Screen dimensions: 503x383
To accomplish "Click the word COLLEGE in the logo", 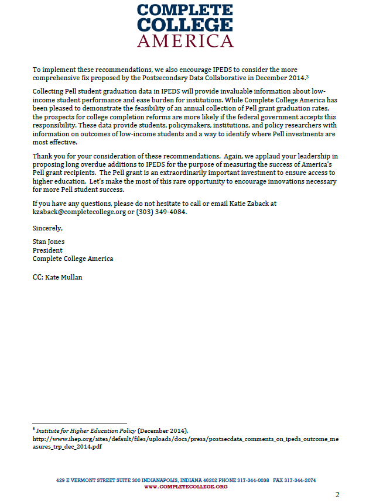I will click(x=185, y=25).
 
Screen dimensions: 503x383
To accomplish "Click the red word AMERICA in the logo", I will click(x=185, y=41).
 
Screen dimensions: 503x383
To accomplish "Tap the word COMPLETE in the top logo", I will click(x=185, y=10).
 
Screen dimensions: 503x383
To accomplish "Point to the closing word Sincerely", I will click(x=47, y=228).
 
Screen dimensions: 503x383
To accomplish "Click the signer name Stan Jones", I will click(x=49, y=242).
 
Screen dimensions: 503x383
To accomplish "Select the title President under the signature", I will click(x=47, y=250).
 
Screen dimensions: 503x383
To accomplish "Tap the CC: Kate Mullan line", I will click(x=57, y=277).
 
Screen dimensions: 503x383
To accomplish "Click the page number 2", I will click(x=337, y=495).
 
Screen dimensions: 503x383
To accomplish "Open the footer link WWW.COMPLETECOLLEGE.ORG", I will click(x=186, y=487).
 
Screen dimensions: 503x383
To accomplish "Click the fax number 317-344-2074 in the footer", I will click(x=300, y=480).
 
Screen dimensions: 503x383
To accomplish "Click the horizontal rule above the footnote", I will click(x=79, y=423).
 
